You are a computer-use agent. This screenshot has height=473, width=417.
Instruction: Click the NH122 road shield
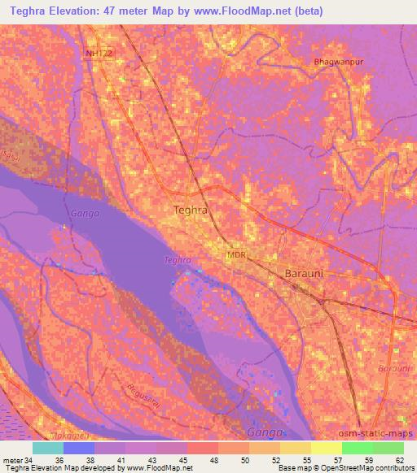pos(99,53)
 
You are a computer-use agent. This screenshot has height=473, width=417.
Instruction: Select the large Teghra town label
pos(191,210)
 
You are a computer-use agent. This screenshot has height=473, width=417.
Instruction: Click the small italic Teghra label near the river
pos(177,260)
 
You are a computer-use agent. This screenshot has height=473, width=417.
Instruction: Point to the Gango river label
pos(84,213)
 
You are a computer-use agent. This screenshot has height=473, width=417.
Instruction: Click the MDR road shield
pos(236,255)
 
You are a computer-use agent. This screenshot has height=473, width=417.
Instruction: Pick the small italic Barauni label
pos(394,368)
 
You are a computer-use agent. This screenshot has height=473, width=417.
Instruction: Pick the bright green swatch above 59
pos(357,448)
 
